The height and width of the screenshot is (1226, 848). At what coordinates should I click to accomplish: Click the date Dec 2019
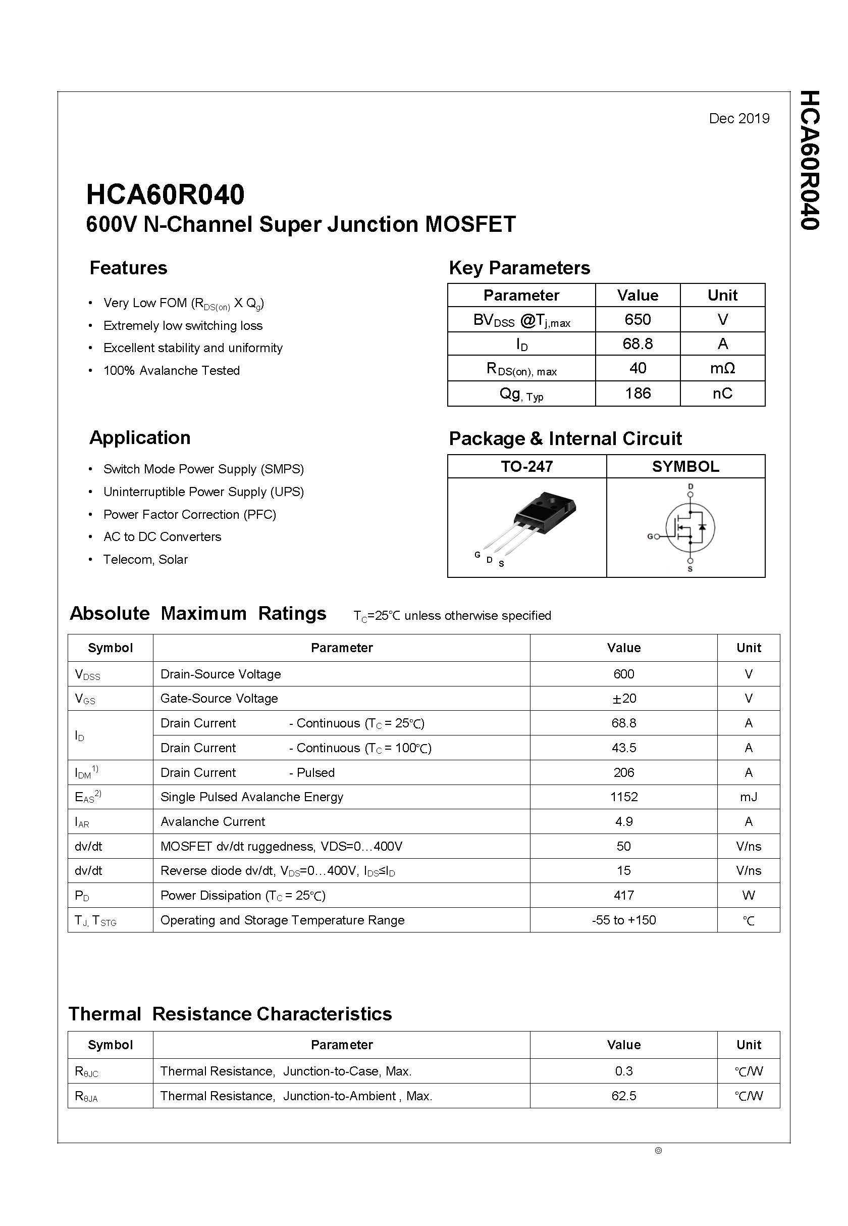click(738, 119)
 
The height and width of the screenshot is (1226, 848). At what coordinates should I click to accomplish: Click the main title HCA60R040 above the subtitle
click(165, 195)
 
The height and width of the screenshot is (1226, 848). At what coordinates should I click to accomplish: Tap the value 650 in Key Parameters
click(637, 320)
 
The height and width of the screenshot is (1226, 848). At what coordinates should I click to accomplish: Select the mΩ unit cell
click(722, 368)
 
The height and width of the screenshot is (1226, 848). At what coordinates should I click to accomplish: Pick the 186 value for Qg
click(637, 394)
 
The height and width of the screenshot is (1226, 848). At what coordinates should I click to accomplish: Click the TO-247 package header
click(526, 466)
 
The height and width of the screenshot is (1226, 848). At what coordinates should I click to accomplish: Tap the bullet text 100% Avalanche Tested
click(171, 371)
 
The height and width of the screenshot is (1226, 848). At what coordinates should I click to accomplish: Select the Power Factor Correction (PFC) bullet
click(190, 515)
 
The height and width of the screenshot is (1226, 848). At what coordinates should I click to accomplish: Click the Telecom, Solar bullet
click(145, 559)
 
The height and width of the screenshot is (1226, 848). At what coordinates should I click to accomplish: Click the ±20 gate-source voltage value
click(623, 699)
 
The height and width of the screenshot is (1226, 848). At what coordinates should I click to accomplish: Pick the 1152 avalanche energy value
click(623, 797)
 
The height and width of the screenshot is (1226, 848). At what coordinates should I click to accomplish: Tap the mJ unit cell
click(748, 797)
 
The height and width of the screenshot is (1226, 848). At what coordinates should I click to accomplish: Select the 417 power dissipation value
click(623, 895)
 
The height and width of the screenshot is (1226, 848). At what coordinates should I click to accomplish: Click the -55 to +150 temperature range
click(623, 920)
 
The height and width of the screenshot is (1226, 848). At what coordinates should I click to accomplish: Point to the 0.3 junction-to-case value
click(623, 1071)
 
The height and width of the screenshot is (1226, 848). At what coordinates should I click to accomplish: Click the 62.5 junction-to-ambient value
click(623, 1096)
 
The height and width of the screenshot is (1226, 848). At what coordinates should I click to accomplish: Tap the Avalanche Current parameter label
click(213, 822)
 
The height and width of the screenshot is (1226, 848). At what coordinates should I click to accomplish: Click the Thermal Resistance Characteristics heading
click(230, 1014)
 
